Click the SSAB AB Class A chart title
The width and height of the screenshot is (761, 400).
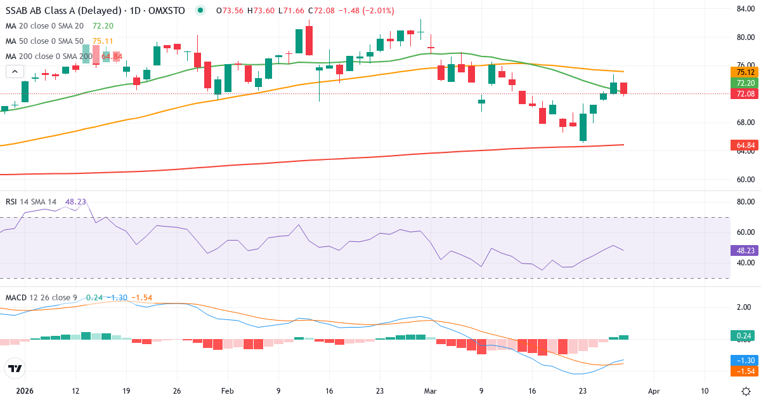coord(95,11)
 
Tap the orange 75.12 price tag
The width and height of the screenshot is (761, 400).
coord(743,72)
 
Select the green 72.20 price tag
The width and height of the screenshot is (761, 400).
coord(743,83)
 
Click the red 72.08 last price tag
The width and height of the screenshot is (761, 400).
coord(743,94)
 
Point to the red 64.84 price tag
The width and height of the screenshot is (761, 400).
coord(743,145)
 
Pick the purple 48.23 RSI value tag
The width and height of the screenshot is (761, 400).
coord(743,250)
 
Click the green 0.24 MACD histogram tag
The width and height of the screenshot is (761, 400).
coord(743,335)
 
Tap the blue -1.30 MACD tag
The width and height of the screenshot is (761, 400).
coord(743,360)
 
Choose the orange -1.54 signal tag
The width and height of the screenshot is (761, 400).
coord(743,370)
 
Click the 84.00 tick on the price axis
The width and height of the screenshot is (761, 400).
coord(744,8)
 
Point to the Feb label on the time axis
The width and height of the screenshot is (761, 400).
coord(227,391)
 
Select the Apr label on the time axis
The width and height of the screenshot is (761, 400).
coord(654,391)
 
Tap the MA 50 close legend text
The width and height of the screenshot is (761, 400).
coord(44,41)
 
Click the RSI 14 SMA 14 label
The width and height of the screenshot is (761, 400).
coord(31,201)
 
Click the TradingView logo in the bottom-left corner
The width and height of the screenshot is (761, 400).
coord(15,368)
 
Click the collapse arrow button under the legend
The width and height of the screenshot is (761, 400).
coord(15,72)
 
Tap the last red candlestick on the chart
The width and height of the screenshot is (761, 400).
coord(624,88)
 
